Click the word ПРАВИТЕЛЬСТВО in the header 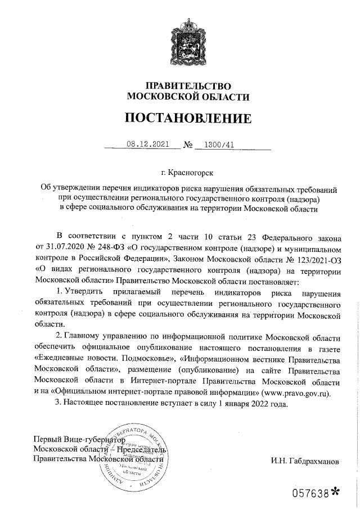pyautogui.click(x=188, y=86)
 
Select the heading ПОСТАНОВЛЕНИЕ pyautogui.click(x=188, y=119)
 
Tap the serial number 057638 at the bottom pyautogui.click(x=309, y=493)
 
